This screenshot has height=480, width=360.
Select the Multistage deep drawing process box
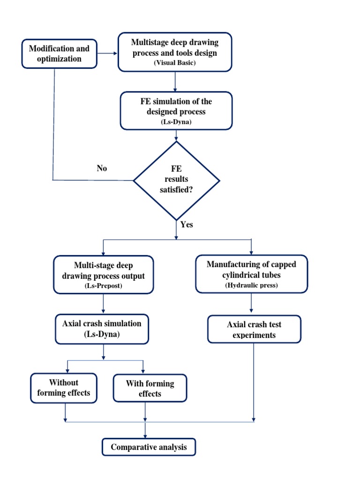(174, 52)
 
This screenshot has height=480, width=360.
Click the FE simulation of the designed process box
(176, 110)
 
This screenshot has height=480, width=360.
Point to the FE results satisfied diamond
(176, 180)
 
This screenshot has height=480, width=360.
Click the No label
(102, 168)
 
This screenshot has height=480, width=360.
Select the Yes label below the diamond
(187, 225)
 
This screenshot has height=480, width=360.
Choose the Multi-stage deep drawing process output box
(103, 274)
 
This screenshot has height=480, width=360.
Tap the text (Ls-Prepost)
(103, 285)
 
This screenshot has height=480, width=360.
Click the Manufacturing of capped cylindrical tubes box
(252, 274)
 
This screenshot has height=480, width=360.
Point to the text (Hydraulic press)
(252, 285)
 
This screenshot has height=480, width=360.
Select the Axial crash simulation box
(103, 329)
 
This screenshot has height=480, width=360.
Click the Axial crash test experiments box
(254, 329)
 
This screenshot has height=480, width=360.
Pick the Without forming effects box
(64, 388)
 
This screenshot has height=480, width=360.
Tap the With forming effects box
(150, 389)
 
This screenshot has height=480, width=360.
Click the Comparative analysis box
(149, 447)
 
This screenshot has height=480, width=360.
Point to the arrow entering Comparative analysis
(145, 430)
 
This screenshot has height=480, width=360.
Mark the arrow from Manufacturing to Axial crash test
(252, 304)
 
